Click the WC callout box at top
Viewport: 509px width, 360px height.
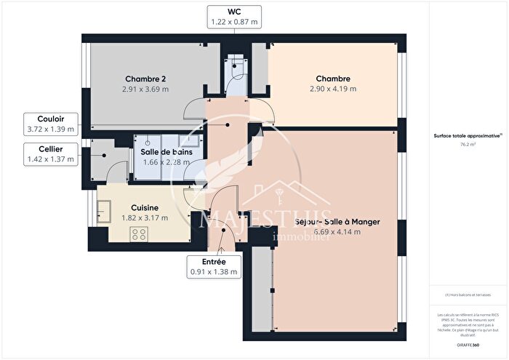234,16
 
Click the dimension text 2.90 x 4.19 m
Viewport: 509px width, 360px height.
334,89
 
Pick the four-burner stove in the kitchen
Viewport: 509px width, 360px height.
138,234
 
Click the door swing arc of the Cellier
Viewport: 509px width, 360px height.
116,172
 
